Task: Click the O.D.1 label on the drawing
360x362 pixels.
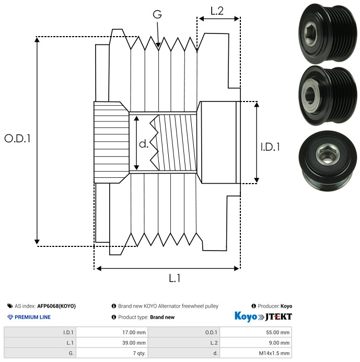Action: click(x=17, y=139)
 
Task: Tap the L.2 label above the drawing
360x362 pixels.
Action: click(x=217, y=11)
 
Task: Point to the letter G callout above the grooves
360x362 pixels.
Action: click(x=157, y=14)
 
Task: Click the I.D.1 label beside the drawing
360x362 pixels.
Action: click(x=270, y=147)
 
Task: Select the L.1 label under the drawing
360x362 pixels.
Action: click(x=175, y=278)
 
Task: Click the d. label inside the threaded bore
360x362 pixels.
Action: click(x=144, y=144)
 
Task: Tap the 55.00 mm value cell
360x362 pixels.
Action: click(x=256, y=333)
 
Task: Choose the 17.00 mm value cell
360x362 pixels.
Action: click(x=112, y=333)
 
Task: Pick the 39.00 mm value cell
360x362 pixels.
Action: click(x=112, y=343)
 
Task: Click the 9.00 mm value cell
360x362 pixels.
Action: click(x=256, y=343)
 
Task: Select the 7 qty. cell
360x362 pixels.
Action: click(x=112, y=353)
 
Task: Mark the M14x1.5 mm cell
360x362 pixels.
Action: click(x=256, y=353)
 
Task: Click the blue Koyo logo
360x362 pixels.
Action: click(x=246, y=316)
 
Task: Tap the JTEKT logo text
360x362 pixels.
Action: click(x=278, y=317)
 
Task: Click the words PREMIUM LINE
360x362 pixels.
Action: click(x=32, y=317)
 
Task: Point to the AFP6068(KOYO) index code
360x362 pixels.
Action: click(x=56, y=306)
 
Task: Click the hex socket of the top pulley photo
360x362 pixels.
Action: click(x=310, y=33)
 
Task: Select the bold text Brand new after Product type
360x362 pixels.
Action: click(x=162, y=317)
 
